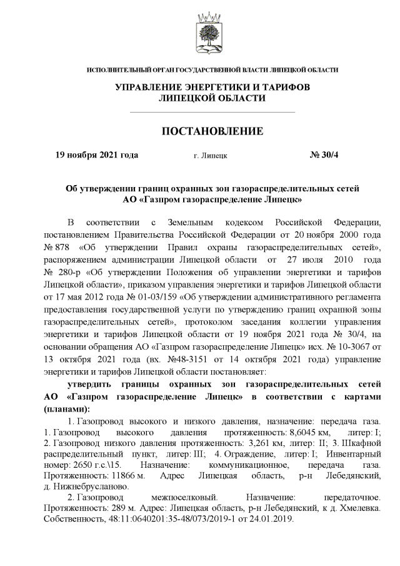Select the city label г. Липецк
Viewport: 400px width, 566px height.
(211, 155)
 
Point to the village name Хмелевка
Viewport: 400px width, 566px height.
(339, 507)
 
